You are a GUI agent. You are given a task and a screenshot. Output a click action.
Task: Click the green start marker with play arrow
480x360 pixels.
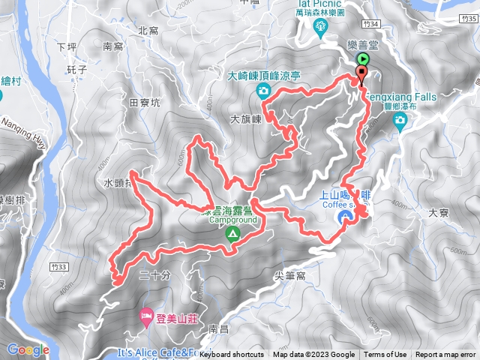363,58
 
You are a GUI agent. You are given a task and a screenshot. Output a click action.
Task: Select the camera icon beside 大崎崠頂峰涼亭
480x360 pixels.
263,91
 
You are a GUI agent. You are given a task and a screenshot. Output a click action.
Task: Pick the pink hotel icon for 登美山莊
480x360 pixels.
146,317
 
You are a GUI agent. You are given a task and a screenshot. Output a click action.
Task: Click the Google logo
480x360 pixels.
28,349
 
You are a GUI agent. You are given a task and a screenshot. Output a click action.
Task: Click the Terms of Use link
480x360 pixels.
385,355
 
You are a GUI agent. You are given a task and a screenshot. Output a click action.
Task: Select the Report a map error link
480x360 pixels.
446,355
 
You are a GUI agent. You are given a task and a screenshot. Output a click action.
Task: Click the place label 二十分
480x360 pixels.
154,276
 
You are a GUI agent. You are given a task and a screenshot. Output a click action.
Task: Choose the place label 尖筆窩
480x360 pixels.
291,276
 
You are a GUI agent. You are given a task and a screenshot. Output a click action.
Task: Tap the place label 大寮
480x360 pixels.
437,213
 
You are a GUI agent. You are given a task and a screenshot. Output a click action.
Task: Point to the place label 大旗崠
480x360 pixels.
245,118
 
